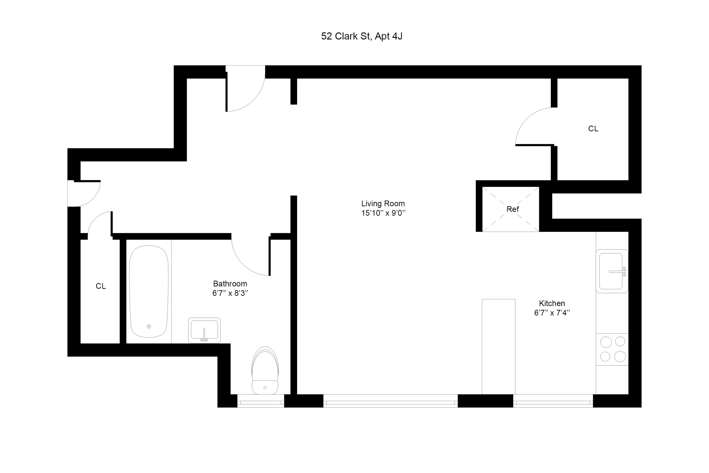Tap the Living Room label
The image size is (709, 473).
[x=383, y=204]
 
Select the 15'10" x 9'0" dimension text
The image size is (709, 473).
[x=383, y=213]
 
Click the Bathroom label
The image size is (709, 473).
[x=230, y=284]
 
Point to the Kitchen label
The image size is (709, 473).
[x=552, y=303]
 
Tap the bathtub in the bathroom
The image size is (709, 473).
[x=149, y=291]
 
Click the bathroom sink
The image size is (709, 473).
[x=204, y=330]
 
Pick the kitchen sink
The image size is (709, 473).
[x=612, y=271]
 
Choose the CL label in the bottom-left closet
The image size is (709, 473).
[x=101, y=286]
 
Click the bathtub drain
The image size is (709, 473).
[x=149, y=326]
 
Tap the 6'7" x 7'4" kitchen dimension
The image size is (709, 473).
[x=552, y=313]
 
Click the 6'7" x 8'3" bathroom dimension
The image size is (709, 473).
[x=230, y=293]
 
